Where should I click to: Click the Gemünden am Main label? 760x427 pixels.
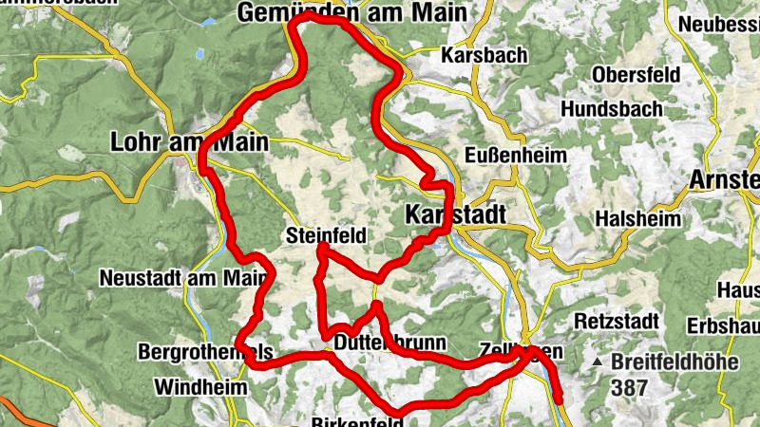pyautogui.click(x=352, y=12)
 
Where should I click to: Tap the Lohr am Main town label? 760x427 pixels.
pyautogui.click(x=189, y=143)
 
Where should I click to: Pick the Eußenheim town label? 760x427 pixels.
pyautogui.click(x=516, y=155)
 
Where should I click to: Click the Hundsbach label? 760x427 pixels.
pyautogui.click(x=611, y=109)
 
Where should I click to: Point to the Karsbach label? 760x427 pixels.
pyautogui.click(x=484, y=56)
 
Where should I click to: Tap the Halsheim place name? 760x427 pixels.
pyautogui.click(x=637, y=218)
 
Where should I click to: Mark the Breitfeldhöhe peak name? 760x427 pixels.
pyautogui.click(x=684, y=362)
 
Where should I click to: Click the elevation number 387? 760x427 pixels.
pyautogui.click(x=630, y=387)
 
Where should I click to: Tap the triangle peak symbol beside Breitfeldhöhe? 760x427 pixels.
pyautogui.click(x=597, y=362)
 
